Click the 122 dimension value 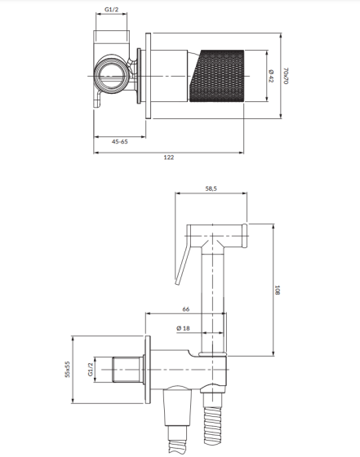coord(169,158)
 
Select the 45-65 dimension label coord(120,142)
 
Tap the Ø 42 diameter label coord(271,76)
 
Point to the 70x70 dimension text coord(286,76)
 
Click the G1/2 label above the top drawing coord(112,10)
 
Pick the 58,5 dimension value coord(211,189)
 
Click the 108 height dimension coord(278,291)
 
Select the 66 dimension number coord(186,309)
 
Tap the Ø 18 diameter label coord(183,328)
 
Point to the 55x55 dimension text coord(67,369)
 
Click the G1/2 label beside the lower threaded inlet coord(91,369)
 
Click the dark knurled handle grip coord(217,76)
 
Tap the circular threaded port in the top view coord(112,74)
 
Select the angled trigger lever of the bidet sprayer coord(183,258)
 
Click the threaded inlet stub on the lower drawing coord(127,369)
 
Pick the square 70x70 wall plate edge coord(148,76)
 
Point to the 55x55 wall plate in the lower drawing coord(148,370)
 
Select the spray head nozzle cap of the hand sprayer coord(245,236)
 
